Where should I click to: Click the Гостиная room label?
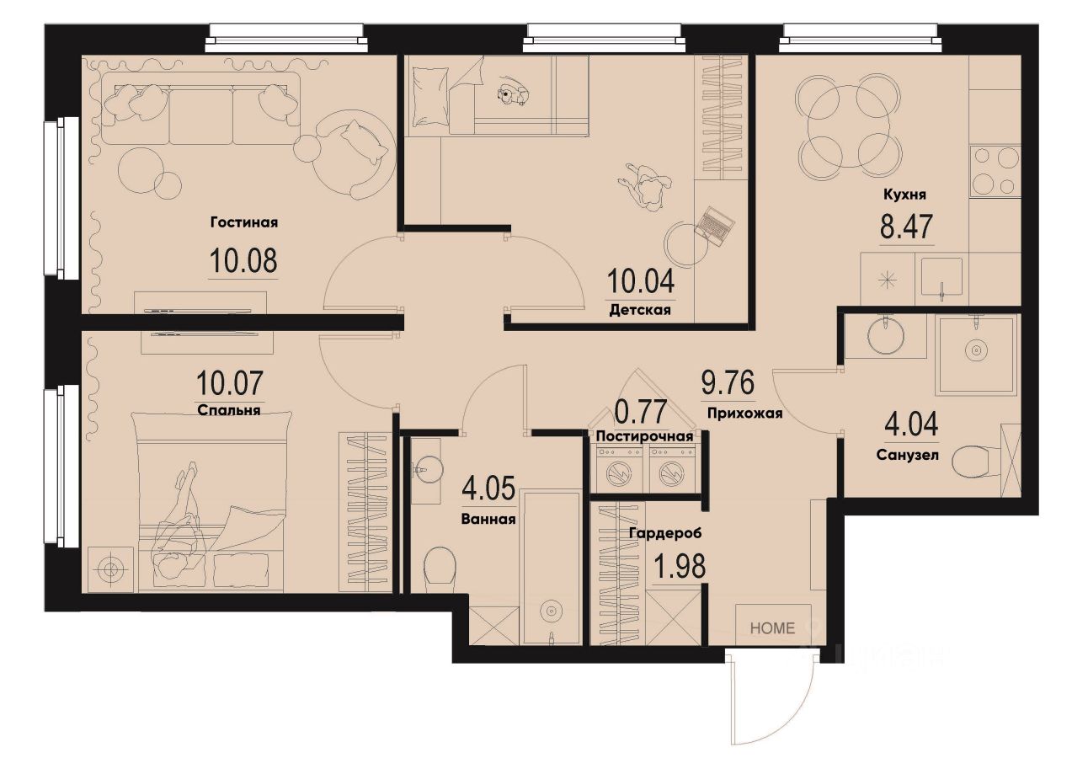[x=243, y=222]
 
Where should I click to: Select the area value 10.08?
[x=243, y=261]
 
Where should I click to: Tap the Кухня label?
[x=904, y=195]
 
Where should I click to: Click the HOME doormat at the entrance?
[x=772, y=627]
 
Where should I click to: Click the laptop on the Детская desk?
[x=715, y=225]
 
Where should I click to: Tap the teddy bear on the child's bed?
[x=512, y=94]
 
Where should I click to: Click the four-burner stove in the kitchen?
[x=995, y=171]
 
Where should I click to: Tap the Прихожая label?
[x=744, y=414]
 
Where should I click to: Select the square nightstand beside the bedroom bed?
[x=110, y=569]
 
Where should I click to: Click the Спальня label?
[x=228, y=412]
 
